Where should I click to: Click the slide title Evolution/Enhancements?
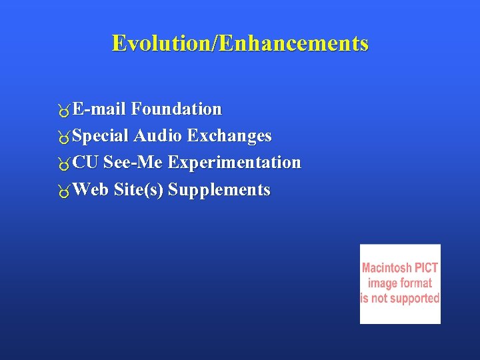pyautogui.click(x=240, y=43)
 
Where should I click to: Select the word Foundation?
pyautogui.click(x=177, y=109)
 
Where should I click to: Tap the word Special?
pyautogui.click(x=101, y=136)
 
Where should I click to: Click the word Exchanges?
pyautogui.click(x=229, y=136)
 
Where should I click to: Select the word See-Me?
pyautogui.click(x=133, y=163)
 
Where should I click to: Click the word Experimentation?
pyautogui.click(x=235, y=163)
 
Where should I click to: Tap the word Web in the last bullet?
pyautogui.click(x=91, y=190)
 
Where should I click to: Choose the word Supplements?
pyautogui.click(x=219, y=191)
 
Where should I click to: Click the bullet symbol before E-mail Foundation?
pyautogui.click(x=63, y=110)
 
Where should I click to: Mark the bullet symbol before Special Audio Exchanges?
pyautogui.click(x=63, y=137)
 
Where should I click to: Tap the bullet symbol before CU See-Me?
pyautogui.click(x=63, y=164)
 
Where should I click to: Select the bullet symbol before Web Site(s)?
pyautogui.click(x=63, y=191)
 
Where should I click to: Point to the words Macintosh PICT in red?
pyautogui.click(x=400, y=268)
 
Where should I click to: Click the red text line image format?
pyautogui.click(x=400, y=283)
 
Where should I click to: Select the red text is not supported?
pyautogui.click(x=400, y=299)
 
